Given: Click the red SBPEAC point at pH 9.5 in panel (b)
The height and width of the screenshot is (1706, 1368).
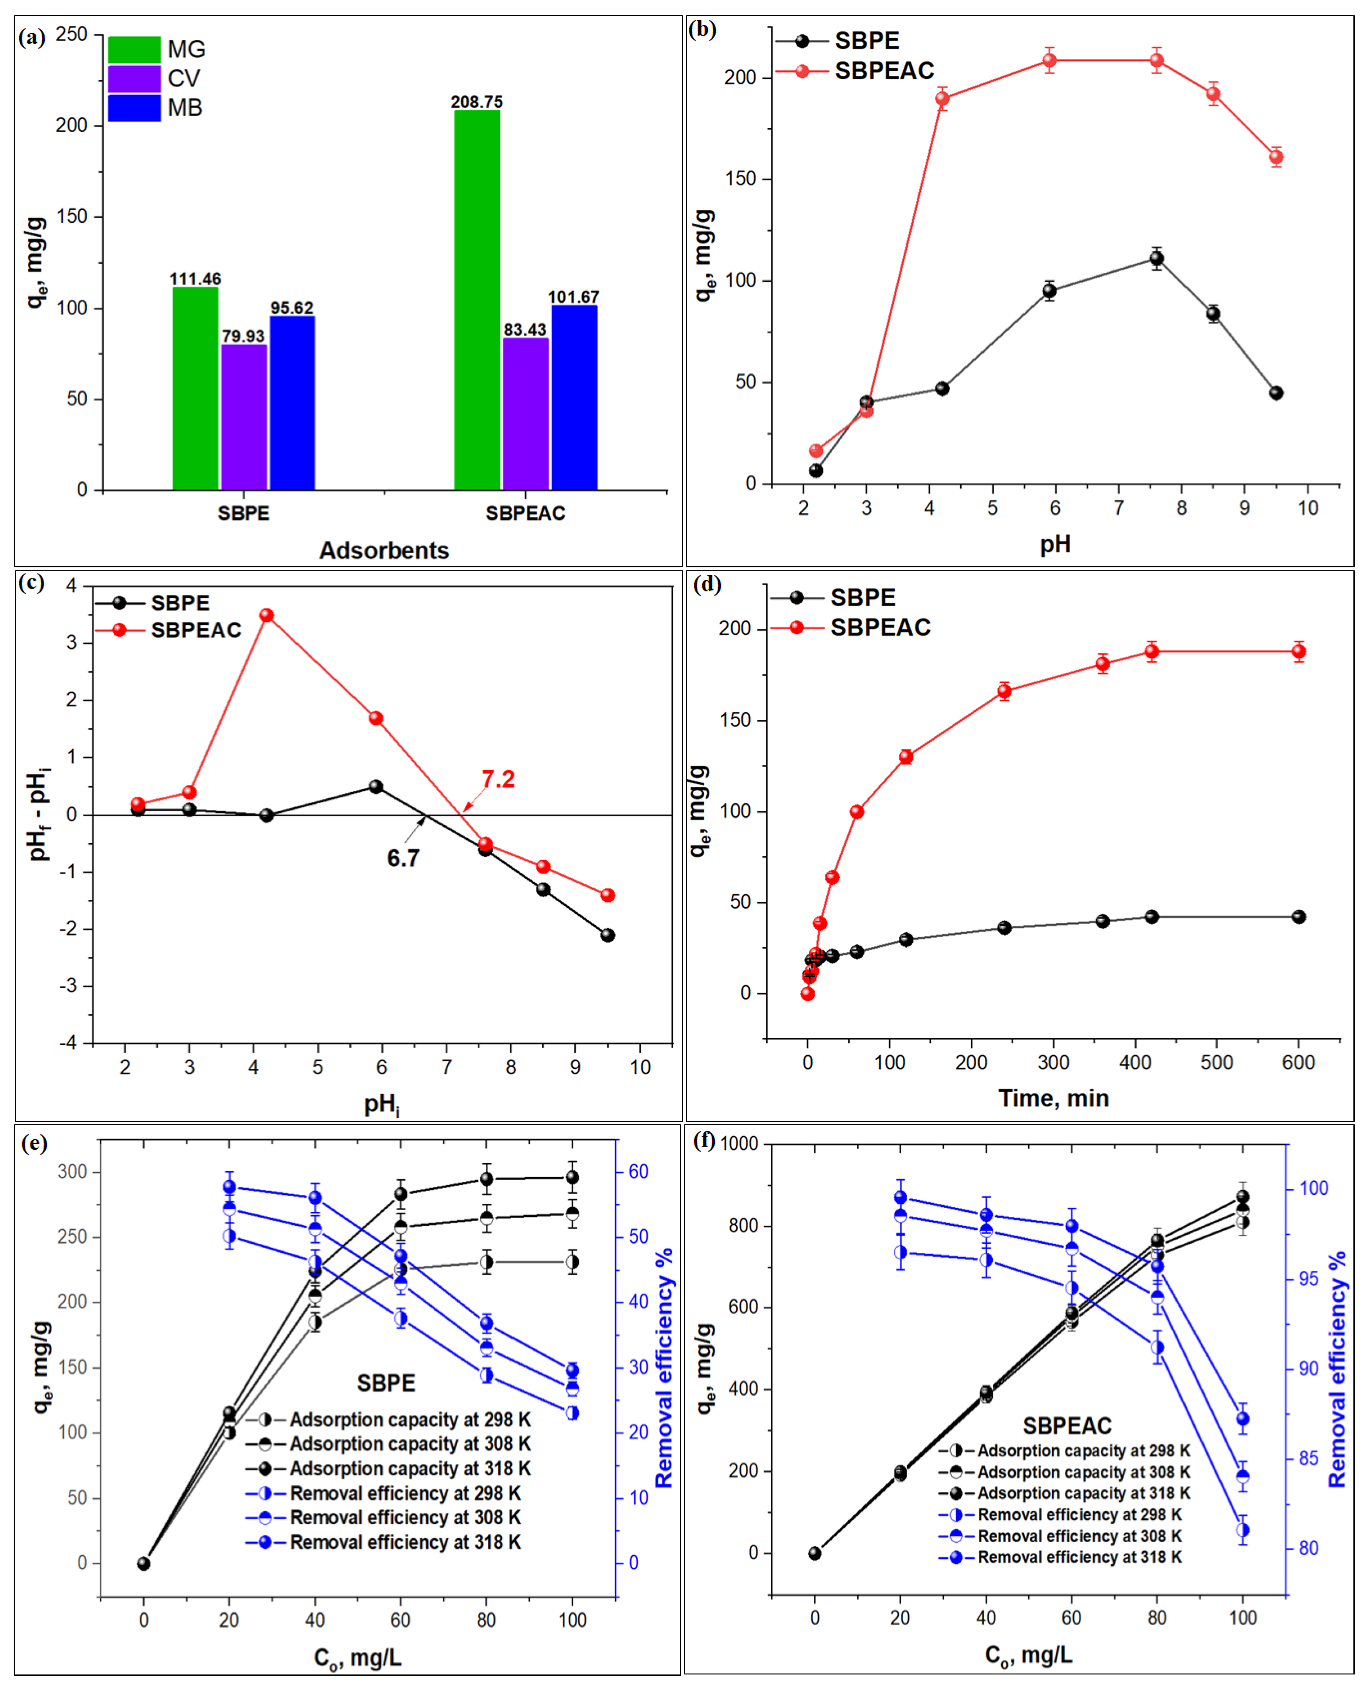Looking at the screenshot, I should pos(1276,156).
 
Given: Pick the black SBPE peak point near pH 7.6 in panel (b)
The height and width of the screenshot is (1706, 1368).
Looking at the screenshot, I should pos(1156,258).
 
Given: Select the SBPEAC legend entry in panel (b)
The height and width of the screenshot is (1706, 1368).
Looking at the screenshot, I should pos(884,71).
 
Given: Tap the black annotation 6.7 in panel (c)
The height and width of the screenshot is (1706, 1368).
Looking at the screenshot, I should pos(403,858).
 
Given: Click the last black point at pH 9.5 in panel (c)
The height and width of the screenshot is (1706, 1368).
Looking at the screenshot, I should pos(608,935).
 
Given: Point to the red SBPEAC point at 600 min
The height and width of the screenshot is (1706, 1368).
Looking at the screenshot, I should pos(1298,652).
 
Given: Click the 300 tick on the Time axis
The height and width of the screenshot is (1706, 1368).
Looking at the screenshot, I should pos(1053,1062).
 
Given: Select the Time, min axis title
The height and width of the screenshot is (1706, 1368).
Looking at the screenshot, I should pos(1053,1098).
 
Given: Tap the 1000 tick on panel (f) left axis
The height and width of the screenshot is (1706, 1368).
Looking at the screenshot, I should pos(738,1143).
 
